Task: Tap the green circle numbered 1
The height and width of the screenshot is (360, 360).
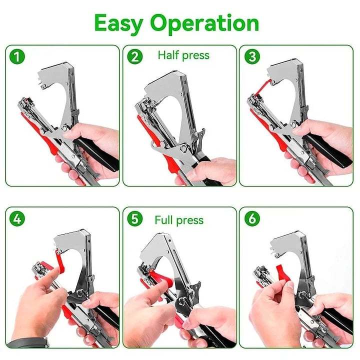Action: pos(17,56)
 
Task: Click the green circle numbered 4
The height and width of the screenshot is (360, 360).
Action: pos(17,218)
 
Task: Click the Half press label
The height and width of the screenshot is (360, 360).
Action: pos(183,55)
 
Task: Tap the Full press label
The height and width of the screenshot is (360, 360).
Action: pos(179,220)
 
